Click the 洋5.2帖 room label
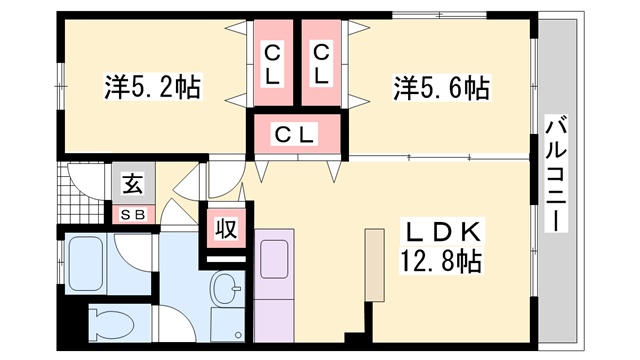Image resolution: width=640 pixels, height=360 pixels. click(152, 88)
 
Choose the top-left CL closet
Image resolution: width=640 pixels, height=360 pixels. click(271, 63)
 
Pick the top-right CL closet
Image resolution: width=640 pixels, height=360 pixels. click(320, 63)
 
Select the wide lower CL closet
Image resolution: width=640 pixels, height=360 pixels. click(296, 134)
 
